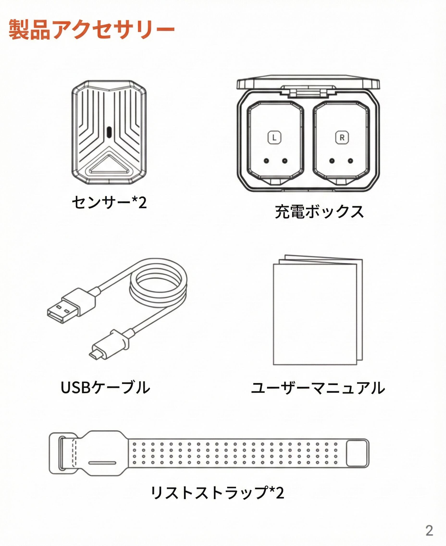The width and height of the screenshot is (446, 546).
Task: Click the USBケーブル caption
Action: pyautogui.click(x=105, y=387)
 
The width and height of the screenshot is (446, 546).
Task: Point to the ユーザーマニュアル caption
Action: pyautogui.click(x=318, y=388)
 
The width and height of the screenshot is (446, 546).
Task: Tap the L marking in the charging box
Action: pyautogui.click(x=274, y=138)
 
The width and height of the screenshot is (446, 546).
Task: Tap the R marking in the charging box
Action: pyautogui.click(x=342, y=138)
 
